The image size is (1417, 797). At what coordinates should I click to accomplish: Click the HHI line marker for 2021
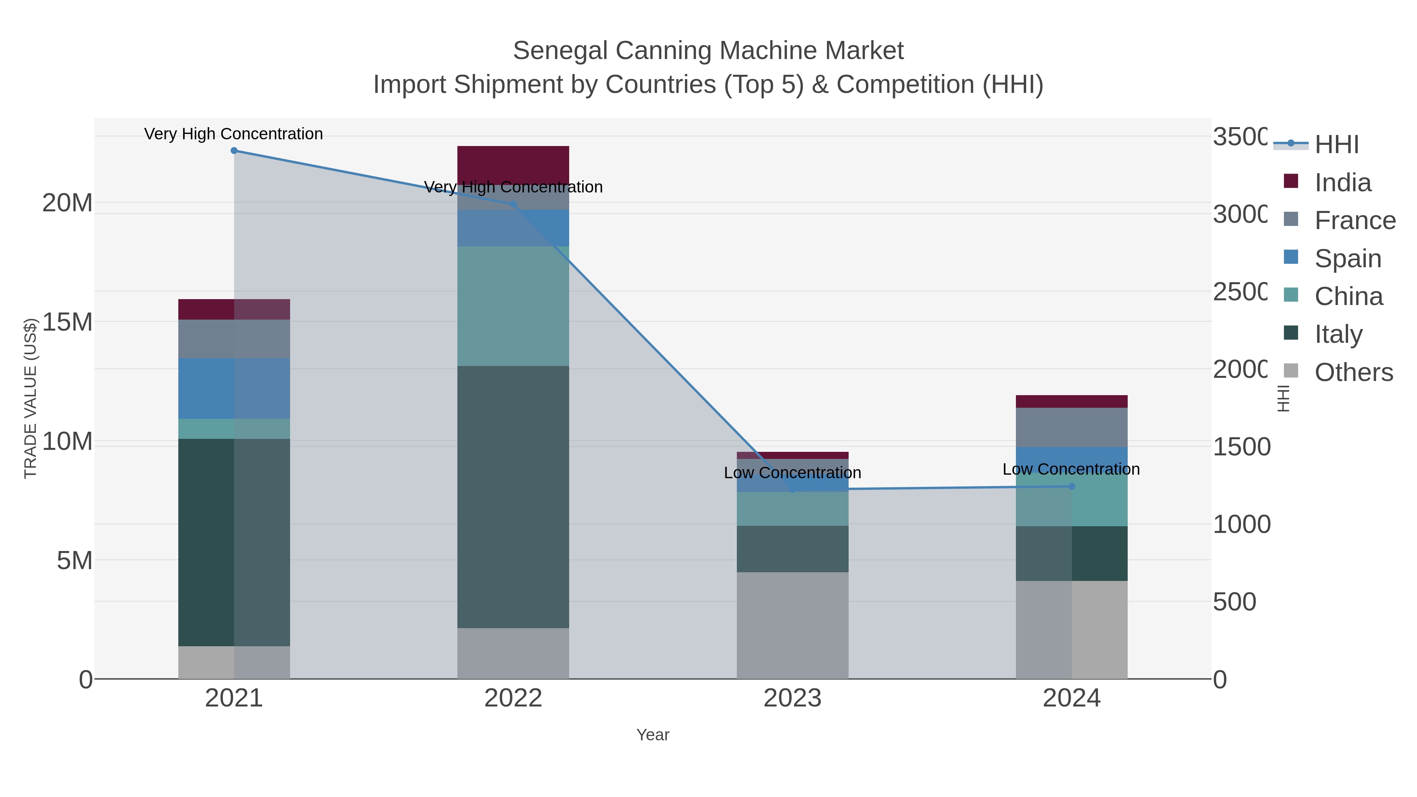[234, 151]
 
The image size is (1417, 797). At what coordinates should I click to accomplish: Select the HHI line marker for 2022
[513, 205]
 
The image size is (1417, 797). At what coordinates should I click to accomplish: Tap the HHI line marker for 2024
[1071, 486]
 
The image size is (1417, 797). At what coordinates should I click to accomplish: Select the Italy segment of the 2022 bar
[513, 497]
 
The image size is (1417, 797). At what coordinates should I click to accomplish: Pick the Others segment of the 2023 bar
[792, 625]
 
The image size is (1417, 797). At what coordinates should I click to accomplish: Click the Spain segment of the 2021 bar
[234, 388]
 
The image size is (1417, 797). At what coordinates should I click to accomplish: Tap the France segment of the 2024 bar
[1071, 427]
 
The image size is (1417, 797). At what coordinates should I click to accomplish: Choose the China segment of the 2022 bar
[513, 306]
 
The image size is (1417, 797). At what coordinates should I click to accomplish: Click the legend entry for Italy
[1338, 335]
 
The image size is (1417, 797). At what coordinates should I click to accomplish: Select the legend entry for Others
[1353, 372]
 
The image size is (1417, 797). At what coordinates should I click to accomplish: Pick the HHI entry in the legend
[1337, 145]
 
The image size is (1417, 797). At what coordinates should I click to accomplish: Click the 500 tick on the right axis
[1234, 602]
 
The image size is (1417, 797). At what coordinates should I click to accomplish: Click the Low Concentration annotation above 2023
[792, 473]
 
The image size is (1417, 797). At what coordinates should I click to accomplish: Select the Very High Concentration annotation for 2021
[234, 134]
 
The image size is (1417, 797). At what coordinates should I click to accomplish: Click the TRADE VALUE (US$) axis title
[30, 398]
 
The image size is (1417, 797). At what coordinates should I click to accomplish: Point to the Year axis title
[653, 735]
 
